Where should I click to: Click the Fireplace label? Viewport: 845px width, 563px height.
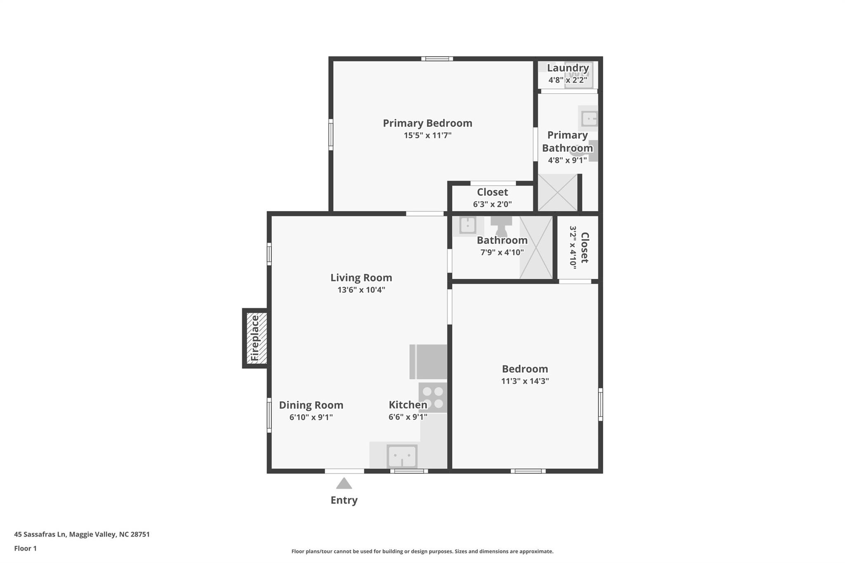pyautogui.click(x=255, y=338)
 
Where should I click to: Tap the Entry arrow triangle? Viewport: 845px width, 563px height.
pyautogui.click(x=344, y=483)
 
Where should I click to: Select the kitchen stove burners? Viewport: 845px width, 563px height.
pyautogui.click(x=433, y=398)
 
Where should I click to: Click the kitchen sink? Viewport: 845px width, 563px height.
pyautogui.click(x=402, y=456)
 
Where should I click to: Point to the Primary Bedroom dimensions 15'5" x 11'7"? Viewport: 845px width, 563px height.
pyautogui.click(x=427, y=135)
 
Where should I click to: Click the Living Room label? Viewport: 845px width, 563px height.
pyautogui.click(x=361, y=278)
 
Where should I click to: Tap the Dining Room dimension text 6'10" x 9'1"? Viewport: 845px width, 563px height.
pyautogui.click(x=311, y=417)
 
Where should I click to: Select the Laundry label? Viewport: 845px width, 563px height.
pyautogui.click(x=568, y=68)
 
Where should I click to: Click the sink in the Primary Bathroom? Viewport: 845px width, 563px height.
pyautogui.click(x=589, y=118)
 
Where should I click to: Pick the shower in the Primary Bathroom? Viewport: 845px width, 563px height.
pyautogui.click(x=557, y=192)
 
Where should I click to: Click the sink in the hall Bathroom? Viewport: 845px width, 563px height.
pyautogui.click(x=467, y=225)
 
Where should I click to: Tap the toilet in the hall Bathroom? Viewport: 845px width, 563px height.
pyautogui.click(x=501, y=225)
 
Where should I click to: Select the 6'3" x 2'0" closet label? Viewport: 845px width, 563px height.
pyautogui.click(x=492, y=198)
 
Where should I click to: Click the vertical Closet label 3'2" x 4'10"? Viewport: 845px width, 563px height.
pyautogui.click(x=579, y=247)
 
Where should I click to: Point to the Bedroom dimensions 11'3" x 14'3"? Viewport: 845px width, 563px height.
pyautogui.click(x=525, y=381)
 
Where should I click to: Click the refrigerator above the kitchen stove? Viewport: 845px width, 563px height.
pyautogui.click(x=428, y=362)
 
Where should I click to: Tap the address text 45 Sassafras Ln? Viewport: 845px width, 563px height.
pyautogui.click(x=40, y=534)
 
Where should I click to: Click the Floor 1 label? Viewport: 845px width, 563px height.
pyautogui.click(x=25, y=548)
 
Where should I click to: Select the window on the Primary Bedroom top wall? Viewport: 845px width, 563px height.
pyautogui.click(x=437, y=59)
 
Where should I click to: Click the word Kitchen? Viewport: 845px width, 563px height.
pyautogui.click(x=408, y=405)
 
